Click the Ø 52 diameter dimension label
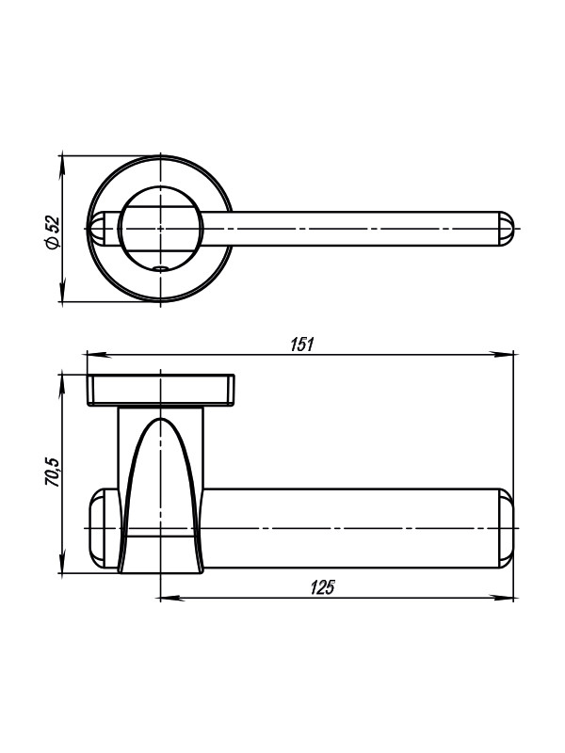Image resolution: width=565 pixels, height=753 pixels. pos(53,232)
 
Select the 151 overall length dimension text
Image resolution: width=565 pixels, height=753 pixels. pos(301,344)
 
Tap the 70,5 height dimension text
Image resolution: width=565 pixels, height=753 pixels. pos(53,473)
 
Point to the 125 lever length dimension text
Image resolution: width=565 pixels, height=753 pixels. pos(322,587)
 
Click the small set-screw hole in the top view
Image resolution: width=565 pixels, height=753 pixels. pos(160,267)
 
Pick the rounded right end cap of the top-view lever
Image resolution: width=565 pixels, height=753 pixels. pos(506,229)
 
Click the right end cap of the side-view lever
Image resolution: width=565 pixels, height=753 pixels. pos(505,528)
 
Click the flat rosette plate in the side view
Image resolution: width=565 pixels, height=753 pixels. pos(161,390)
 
